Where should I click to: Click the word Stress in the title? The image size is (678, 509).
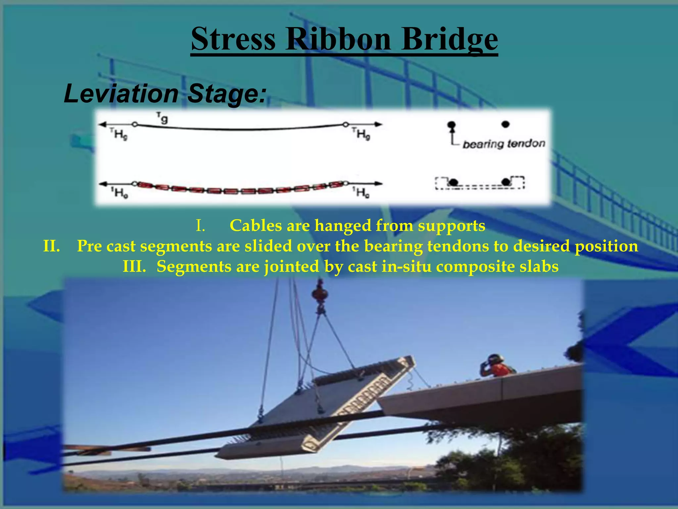(233, 39)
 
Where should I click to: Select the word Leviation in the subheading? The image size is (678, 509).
(121, 94)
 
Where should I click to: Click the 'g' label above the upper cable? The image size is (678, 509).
(164, 119)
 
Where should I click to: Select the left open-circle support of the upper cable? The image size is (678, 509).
(135, 125)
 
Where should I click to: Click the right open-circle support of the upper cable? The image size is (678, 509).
(345, 125)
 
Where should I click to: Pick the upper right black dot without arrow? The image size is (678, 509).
(505, 124)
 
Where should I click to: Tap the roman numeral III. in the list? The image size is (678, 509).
(134, 267)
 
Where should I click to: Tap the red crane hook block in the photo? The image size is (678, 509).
(320, 294)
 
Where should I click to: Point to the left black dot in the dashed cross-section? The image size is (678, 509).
(453, 182)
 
